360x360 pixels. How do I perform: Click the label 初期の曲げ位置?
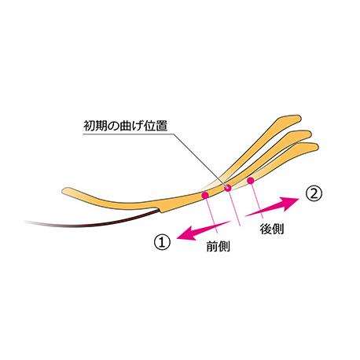[x=125, y=126]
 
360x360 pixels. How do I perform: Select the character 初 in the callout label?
[x=90, y=126]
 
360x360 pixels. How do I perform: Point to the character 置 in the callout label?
[x=162, y=126]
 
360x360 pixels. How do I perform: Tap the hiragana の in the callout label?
[x=113, y=126]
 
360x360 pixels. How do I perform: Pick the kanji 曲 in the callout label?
[x=125, y=126]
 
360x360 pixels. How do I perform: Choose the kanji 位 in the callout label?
[x=149, y=126]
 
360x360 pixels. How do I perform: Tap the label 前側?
[x=218, y=246]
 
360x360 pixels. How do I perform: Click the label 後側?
[x=272, y=229]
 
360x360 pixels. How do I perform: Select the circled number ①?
[x=162, y=241]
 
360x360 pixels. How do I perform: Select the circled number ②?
[x=314, y=194]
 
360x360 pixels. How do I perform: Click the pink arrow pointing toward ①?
[x=204, y=231]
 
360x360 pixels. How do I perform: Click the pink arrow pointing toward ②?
[x=272, y=206]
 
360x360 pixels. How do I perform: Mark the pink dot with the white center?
[x=228, y=188]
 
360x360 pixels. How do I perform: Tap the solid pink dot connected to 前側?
[x=204, y=195]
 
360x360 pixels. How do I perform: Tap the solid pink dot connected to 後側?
[x=251, y=180]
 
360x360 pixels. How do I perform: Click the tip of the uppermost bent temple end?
[x=300, y=118]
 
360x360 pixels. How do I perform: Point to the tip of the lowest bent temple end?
[x=318, y=146]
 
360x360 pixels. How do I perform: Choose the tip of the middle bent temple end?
[x=310, y=134]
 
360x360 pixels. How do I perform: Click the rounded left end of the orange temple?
[x=63, y=191]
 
